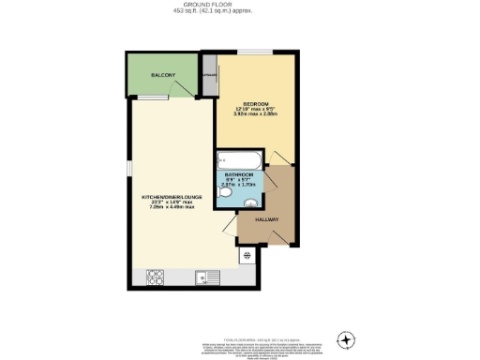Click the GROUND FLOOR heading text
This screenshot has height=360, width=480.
click(240, 4)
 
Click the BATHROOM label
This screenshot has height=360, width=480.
click(239, 174)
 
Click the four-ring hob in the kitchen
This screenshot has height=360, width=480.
click(156, 277)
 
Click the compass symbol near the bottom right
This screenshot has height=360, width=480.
click(348, 338)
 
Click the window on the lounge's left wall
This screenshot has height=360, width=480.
click(128, 168)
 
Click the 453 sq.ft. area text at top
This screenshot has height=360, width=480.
click(240, 12)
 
